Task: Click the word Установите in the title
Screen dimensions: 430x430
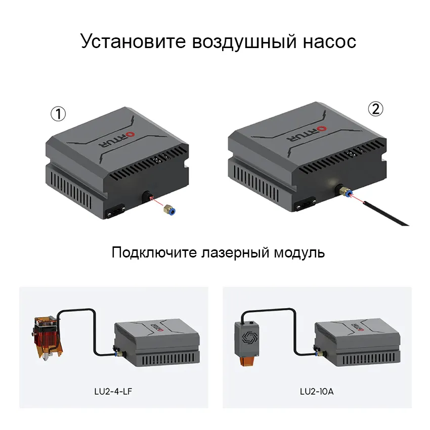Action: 133,41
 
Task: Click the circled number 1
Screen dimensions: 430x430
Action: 58,114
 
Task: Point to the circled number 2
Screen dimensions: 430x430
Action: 375,109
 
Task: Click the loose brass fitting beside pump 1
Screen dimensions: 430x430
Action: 170,210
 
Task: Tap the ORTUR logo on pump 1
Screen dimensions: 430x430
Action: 116,139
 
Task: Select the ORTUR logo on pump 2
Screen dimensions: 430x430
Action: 307,134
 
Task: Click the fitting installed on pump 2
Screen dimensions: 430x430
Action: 344,192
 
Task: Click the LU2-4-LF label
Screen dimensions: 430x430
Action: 113,392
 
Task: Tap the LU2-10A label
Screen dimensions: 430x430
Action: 317,392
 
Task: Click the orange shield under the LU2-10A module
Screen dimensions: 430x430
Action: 248,360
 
